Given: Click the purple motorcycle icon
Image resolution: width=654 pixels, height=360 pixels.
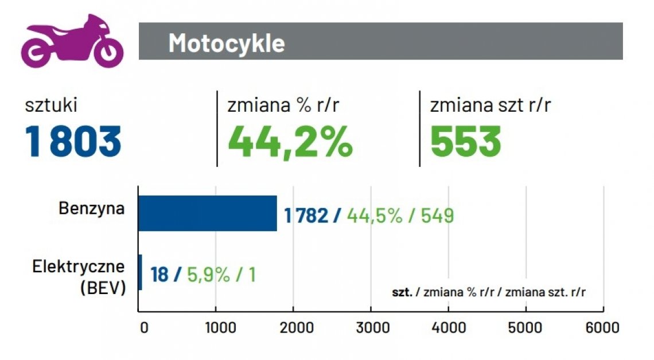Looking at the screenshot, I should click(72, 41).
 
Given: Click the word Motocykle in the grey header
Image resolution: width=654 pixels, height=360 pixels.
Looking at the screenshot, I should click(226, 43).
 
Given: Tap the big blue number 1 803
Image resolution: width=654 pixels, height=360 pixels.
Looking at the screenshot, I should click(73, 142).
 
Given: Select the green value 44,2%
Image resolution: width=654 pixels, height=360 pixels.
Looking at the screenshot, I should click(290, 142).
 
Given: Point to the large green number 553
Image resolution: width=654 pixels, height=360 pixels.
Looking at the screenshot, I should click(465, 142).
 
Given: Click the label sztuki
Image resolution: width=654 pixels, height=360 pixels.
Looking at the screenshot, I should click(51, 105).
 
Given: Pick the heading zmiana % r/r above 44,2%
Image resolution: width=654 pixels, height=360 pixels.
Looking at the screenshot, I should click(279, 105).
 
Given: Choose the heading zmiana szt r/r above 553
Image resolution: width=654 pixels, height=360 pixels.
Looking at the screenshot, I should click(490, 105).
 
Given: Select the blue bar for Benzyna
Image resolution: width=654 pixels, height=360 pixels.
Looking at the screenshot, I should click(208, 213).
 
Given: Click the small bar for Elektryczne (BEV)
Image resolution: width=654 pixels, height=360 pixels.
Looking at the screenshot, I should click(140, 272).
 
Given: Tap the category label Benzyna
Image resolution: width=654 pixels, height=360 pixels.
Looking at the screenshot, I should click(91, 208).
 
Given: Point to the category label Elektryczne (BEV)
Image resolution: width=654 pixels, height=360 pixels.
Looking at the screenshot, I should click(79, 277).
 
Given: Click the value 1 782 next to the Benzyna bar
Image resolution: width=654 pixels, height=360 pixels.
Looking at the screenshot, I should click(306, 216).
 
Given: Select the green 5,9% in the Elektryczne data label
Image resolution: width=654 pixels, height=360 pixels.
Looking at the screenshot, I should click(208, 275).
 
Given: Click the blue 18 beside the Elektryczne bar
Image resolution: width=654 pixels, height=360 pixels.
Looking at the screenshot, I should click(159, 275).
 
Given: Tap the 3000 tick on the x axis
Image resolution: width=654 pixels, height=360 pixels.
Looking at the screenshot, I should click(371, 327).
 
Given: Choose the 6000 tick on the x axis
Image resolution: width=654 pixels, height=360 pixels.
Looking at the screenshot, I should click(603, 327).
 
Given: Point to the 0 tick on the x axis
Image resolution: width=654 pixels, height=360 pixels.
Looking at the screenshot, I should click(144, 327).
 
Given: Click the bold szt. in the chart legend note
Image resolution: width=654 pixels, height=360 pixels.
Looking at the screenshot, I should click(402, 292).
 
